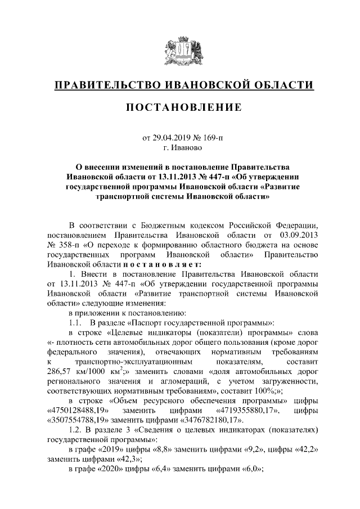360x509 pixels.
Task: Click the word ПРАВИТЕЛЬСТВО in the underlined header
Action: coord(107,85)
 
